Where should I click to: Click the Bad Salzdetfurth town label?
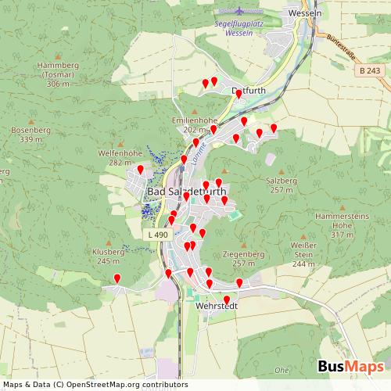(x=187, y=191)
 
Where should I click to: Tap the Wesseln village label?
(x=305, y=13)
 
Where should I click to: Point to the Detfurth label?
(x=250, y=91)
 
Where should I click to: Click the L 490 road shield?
(x=156, y=234)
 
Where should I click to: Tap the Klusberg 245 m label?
(x=108, y=256)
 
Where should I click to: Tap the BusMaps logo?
(x=350, y=367)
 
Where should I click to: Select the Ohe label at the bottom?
(x=282, y=369)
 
